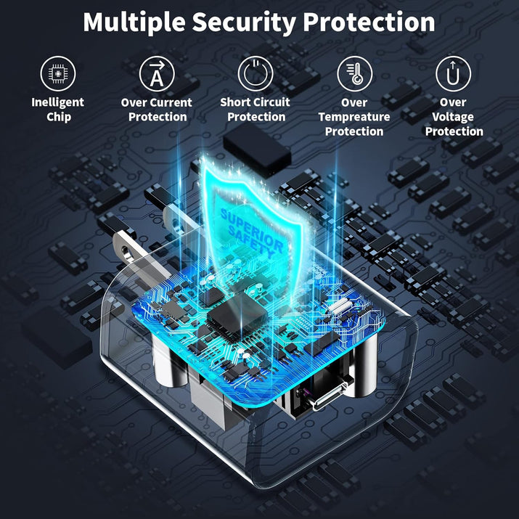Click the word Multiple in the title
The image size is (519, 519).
(134, 23)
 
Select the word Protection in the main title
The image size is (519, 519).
(369, 23)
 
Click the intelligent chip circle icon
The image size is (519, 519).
(58, 73)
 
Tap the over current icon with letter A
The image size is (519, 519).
(157, 73)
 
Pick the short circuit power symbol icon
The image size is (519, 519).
(256, 73)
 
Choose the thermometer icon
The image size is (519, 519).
(354, 73)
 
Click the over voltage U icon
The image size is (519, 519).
(453, 73)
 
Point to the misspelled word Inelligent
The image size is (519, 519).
(58, 102)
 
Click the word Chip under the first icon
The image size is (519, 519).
(59, 117)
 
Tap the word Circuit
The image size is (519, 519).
(274, 102)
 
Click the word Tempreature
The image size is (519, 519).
(354, 117)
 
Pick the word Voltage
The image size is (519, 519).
(453, 117)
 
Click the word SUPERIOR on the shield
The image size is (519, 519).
(252, 229)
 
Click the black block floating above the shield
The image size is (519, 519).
(257, 150)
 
